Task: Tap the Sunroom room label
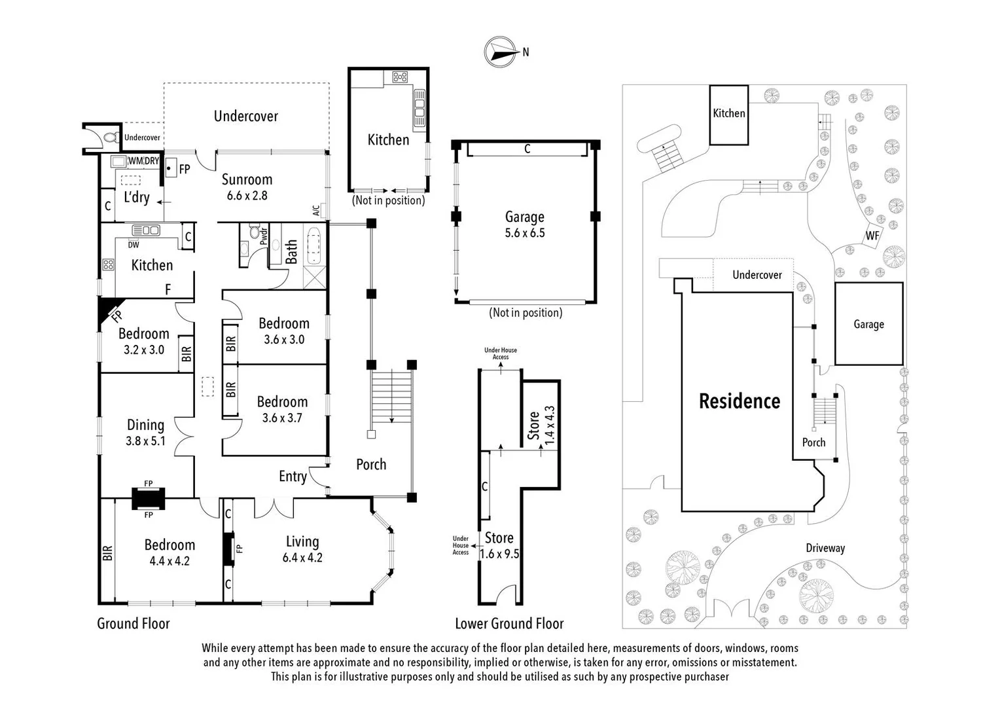click(x=247, y=179)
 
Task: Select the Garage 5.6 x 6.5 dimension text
click(x=524, y=233)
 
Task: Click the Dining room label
click(x=145, y=425)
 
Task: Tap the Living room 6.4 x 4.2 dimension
click(x=302, y=558)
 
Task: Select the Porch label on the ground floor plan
click(x=371, y=464)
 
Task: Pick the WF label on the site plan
click(x=872, y=236)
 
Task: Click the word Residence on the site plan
click(x=740, y=401)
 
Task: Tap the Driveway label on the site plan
click(x=825, y=548)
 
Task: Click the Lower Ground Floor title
click(x=509, y=623)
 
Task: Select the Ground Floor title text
click(x=133, y=623)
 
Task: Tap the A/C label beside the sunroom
click(x=316, y=210)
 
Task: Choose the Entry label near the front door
click(x=293, y=476)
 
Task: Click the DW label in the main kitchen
click(x=134, y=245)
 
